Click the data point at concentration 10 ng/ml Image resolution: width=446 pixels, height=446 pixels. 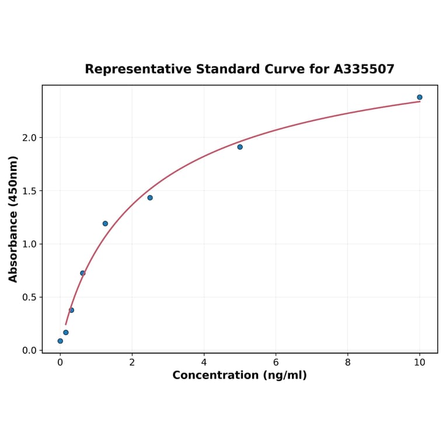coord(419,97)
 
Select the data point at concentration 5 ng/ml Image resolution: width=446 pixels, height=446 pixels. coord(240,147)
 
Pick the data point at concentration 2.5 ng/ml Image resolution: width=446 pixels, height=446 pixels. coord(150,198)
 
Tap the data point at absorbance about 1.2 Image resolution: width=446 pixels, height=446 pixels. coord(105,224)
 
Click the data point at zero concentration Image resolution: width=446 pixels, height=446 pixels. coord(60,341)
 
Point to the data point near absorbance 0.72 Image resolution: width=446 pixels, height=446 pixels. coord(83,273)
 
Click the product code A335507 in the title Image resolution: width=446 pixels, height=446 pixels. coord(364,69)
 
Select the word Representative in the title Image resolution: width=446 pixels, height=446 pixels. coord(138,69)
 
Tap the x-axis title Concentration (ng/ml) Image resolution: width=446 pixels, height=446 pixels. coord(239,375)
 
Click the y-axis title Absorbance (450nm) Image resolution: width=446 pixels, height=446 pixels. coord(13,219)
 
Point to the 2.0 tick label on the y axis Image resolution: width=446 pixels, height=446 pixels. coord(29,138)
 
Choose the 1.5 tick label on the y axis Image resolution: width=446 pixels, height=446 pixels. coord(29,191)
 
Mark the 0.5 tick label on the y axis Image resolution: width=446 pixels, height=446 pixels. coord(29,297)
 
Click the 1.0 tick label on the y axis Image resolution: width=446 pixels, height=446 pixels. coord(29,244)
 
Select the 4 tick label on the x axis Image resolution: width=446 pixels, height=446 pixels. coord(204,362)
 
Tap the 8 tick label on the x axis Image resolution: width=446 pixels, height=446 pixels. coord(348,362)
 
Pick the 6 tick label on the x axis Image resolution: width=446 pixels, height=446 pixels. coord(276,362)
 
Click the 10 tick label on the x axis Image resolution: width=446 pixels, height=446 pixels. coord(419,362)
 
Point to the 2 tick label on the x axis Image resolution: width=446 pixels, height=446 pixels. coord(132,362)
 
